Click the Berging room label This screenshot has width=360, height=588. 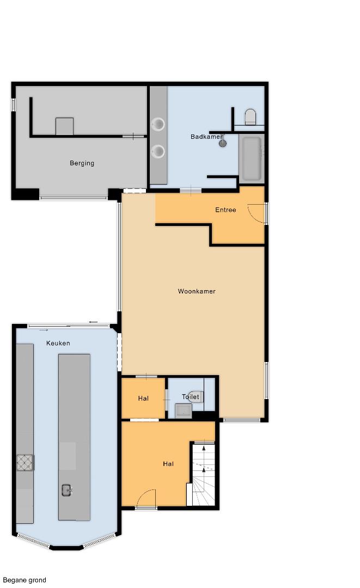point(82,163)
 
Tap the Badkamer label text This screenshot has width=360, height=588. point(206,137)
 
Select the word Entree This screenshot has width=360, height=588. point(225,210)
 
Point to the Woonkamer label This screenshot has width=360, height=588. point(197,291)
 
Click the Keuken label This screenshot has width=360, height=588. point(58,343)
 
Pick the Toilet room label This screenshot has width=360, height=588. point(191,397)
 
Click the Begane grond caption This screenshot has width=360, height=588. point(25,580)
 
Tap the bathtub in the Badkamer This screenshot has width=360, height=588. point(252,158)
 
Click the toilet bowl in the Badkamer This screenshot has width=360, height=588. point(250,117)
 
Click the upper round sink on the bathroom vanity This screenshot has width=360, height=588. point(158,124)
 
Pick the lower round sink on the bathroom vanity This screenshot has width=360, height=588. point(158,151)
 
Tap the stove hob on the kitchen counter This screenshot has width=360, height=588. point(25,462)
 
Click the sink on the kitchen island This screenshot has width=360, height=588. point(67,490)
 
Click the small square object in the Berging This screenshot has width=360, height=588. point(64,126)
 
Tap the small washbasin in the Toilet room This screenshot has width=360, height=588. point(184,411)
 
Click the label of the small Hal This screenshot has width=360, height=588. point(143,399)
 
